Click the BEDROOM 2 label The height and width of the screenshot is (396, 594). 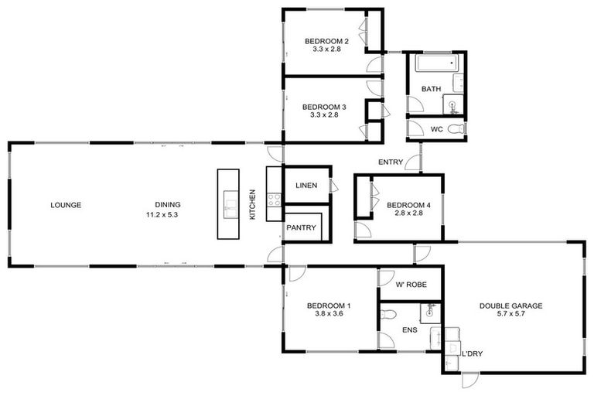coord(326,41)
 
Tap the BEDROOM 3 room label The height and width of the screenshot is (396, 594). coord(323,107)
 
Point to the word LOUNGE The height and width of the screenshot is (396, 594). coord(66,205)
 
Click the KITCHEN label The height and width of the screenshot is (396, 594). coord(252,205)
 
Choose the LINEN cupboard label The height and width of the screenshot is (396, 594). coord(307,186)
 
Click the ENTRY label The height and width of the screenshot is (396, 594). coord(389,162)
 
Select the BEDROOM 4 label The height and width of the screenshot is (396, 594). coord(408,205)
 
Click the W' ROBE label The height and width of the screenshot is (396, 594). coord(410,285)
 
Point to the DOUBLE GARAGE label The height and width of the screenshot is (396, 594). coord(510,306)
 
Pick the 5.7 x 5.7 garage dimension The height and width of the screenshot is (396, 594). coord(510,316)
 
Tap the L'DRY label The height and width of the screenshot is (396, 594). coord(472,354)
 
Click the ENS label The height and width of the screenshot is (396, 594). coord(409,331)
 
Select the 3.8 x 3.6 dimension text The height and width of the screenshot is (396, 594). coord(328,314)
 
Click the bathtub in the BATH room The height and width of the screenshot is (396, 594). coord(436,63)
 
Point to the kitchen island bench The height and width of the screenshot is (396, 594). coord(230,204)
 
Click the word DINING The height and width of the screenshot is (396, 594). coord(168,205)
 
